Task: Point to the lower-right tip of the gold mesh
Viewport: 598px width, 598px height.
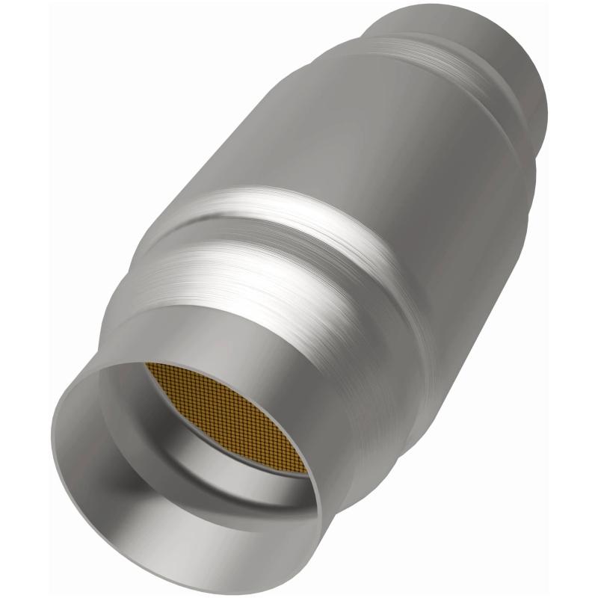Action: coord(304,472)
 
